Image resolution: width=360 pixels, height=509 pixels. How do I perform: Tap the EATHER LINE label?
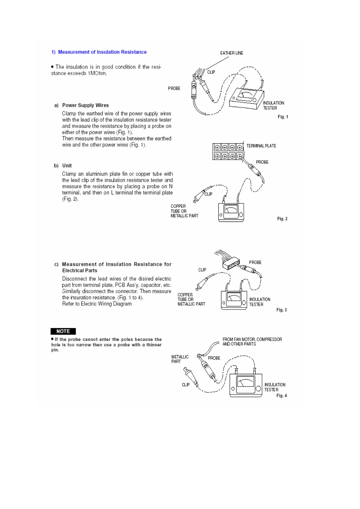[x=231, y=53]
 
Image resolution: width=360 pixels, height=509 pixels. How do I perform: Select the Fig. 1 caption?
[x=283, y=117]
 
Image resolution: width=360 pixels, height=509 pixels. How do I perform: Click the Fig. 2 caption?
[x=282, y=219]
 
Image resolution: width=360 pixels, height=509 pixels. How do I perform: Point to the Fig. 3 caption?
[x=281, y=310]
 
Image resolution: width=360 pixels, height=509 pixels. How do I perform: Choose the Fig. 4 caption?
[x=281, y=395]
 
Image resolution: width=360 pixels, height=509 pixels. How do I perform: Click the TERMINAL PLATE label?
[x=261, y=146]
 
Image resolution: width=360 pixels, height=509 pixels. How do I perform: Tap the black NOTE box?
[x=63, y=331]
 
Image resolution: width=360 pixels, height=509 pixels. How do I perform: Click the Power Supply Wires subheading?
[x=85, y=105]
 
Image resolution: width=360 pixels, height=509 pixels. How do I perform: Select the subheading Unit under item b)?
[x=67, y=166]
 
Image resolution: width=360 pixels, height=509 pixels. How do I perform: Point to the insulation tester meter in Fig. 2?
[x=231, y=212]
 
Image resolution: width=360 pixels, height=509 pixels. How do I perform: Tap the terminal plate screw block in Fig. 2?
[x=228, y=152]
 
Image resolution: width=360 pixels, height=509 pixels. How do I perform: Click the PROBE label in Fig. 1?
[x=174, y=88]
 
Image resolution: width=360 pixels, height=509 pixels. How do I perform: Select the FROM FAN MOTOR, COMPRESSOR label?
[x=252, y=339]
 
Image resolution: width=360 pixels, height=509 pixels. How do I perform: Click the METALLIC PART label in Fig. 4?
[x=180, y=359]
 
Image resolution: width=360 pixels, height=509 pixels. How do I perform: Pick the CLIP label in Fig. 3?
[x=202, y=270]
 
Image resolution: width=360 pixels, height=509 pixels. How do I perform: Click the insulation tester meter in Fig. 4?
[x=246, y=385]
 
